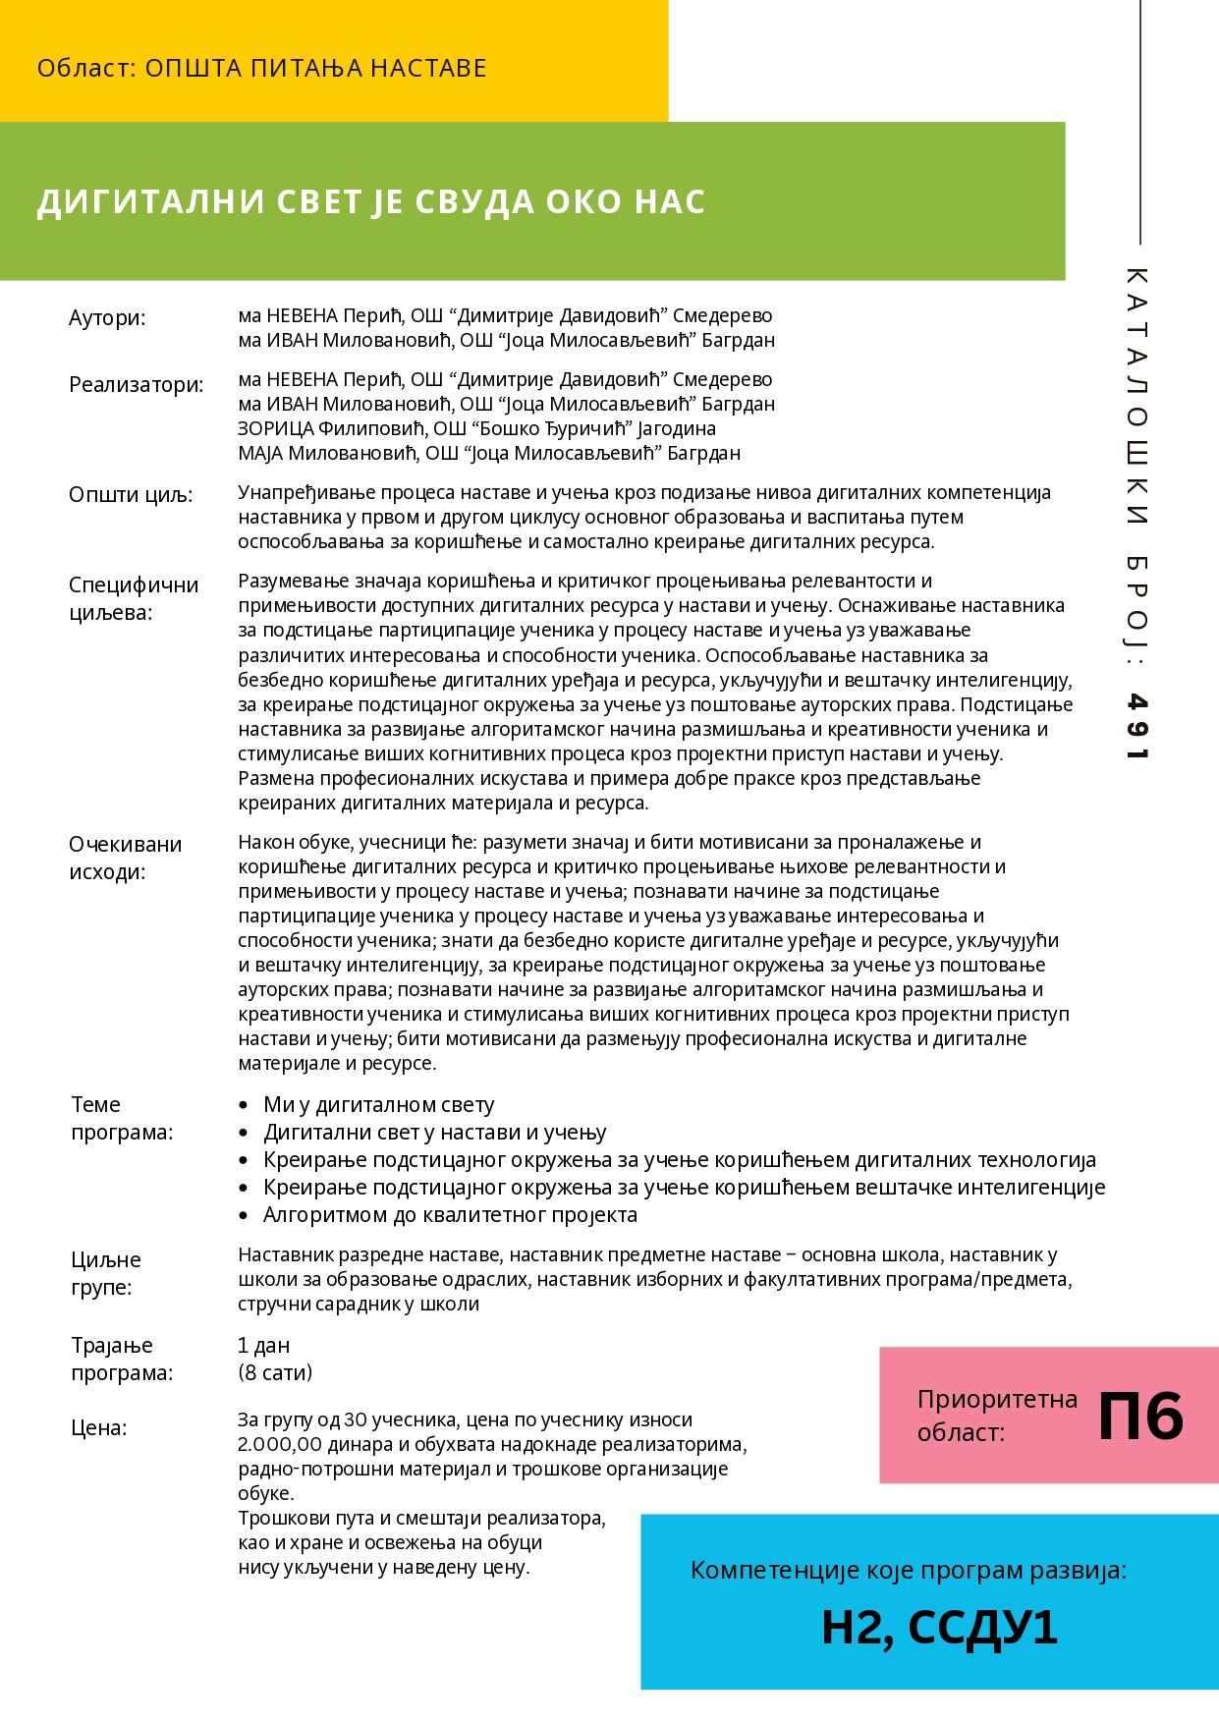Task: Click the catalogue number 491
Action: [x=1136, y=727]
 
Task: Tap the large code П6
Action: [x=1140, y=1417]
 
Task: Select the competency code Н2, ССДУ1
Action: [x=939, y=1628]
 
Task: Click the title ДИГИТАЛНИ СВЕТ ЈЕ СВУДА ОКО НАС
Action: [x=371, y=201]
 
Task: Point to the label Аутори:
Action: [x=107, y=318]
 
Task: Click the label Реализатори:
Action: [x=137, y=385]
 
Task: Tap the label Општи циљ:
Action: [x=131, y=495]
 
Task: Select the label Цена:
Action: [x=99, y=1428]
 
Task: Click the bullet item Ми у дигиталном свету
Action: [x=378, y=1105]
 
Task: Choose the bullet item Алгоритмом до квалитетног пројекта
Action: [x=450, y=1215]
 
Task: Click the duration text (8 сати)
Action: [x=275, y=1372]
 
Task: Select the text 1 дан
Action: [x=263, y=1346]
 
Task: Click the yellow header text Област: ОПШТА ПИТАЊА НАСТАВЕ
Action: [x=261, y=69]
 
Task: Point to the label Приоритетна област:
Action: [x=996, y=1416]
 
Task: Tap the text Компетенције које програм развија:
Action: [x=909, y=1571]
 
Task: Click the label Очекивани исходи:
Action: [x=126, y=858]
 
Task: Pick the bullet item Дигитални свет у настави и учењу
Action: [x=434, y=1133]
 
